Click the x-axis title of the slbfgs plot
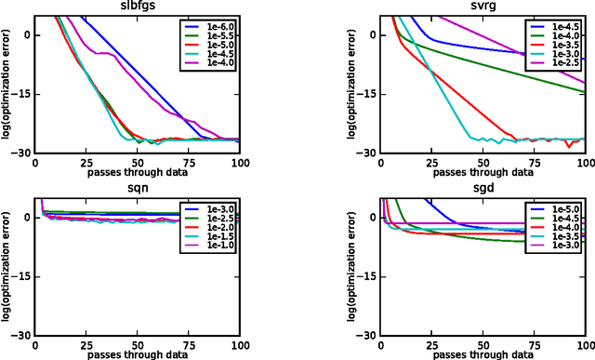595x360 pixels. coord(138,172)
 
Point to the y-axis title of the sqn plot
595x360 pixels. coord(7,264)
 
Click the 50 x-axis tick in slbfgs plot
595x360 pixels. coord(138,161)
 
